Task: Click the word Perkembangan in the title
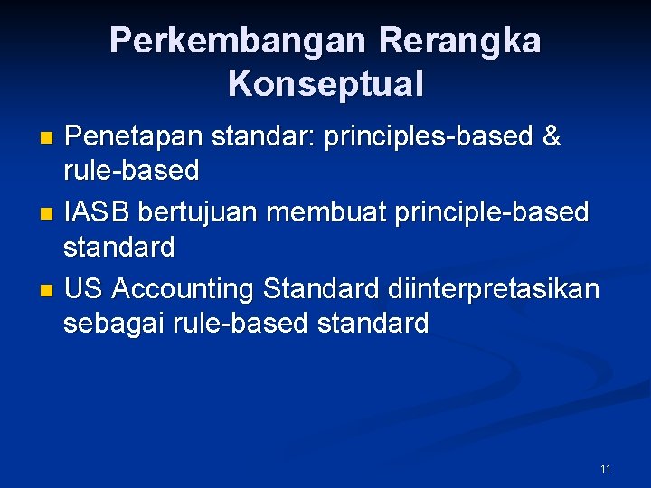click(238, 42)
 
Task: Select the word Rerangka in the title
click(460, 42)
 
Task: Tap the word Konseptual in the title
click(325, 84)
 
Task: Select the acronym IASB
click(97, 213)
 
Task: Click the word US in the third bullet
click(83, 289)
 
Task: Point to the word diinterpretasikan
click(494, 289)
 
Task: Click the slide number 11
click(605, 468)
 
